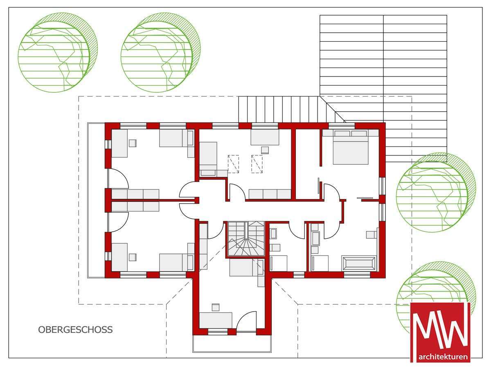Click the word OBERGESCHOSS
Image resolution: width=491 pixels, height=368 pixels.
coord(75,330)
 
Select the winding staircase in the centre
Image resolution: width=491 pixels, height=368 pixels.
coord(245,239)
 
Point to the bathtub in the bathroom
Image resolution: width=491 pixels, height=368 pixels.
coord(359,264)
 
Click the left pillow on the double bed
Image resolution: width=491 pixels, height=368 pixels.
coord(342,133)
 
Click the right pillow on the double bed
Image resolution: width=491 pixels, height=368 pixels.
coord(359,133)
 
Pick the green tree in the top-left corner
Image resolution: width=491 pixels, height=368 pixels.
coord(58,52)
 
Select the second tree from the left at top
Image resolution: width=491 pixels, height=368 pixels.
coord(161,52)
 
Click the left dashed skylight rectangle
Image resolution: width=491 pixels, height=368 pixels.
coord(233,164)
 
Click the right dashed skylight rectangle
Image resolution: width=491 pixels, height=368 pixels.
coord(257,164)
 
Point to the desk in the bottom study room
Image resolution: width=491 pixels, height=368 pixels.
coord(216,320)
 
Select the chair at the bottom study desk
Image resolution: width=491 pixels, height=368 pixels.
coord(216,307)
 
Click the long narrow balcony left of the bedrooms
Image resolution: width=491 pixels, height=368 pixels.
coord(96,200)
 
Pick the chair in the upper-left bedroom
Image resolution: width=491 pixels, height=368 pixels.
coord(133,143)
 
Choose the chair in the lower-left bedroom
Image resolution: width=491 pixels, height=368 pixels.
coord(133,257)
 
